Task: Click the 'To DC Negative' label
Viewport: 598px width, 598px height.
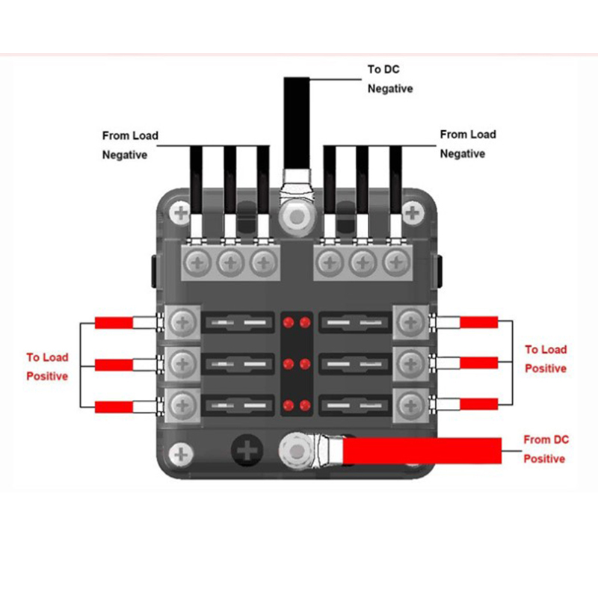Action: pyautogui.click(x=389, y=79)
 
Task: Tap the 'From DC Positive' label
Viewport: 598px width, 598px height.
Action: pyautogui.click(x=546, y=449)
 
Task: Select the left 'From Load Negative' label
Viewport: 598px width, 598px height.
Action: pyautogui.click(x=130, y=145)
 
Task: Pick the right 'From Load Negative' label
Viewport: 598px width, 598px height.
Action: pyautogui.click(x=467, y=144)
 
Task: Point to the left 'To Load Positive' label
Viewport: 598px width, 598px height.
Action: pyautogui.click(x=47, y=367)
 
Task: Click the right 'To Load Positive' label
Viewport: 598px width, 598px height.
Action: pyautogui.click(x=546, y=359)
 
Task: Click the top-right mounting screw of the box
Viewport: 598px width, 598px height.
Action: pyautogui.click(x=410, y=213)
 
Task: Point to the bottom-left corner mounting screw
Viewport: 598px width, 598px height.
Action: pyautogui.click(x=180, y=453)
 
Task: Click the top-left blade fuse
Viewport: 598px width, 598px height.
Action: pyautogui.click(x=237, y=323)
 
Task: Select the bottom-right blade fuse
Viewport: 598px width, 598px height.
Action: pyautogui.click(x=354, y=406)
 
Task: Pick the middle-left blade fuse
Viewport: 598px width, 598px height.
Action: pyautogui.click(x=237, y=365)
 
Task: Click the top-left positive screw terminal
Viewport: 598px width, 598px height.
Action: pyautogui.click(x=181, y=324)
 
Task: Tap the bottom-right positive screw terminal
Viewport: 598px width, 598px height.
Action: pyautogui.click(x=410, y=405)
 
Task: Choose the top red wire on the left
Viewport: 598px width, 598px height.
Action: pyautogui.click(x=114, y=324)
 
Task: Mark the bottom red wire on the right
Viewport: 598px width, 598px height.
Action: pyautogui.click(x=478, y=405)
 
